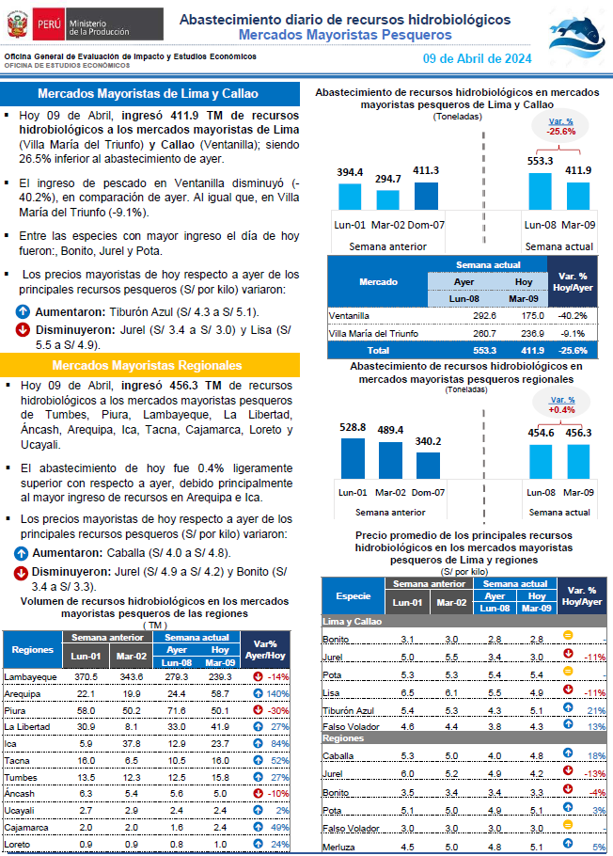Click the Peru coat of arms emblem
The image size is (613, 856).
point(18,24)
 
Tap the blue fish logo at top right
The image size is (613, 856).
point(576,36)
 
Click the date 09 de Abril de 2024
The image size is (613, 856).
point(477,59)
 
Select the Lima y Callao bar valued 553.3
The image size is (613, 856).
point(540,191)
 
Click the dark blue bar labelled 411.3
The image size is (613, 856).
point(426,196)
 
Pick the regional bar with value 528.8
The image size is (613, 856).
point(353,459)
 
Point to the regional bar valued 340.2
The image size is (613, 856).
point(428,466)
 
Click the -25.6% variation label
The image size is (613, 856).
point(561,132)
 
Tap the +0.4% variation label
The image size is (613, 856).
point(561,409)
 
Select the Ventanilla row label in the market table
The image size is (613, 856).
point(349,315)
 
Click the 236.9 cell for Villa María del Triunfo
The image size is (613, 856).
point(533,333)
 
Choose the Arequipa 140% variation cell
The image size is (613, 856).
point(277,694)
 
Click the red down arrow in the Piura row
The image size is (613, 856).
point(259,709)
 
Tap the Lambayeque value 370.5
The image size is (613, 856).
point(86,677)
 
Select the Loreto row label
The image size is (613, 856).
point(17,844)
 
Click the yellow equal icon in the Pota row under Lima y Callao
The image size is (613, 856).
point(568,671)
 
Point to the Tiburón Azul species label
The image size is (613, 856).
point(348,710)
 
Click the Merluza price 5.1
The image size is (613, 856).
point(537,847)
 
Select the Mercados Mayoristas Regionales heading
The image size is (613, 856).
point(147,365)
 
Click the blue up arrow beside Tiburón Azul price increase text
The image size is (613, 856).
point(23,311)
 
